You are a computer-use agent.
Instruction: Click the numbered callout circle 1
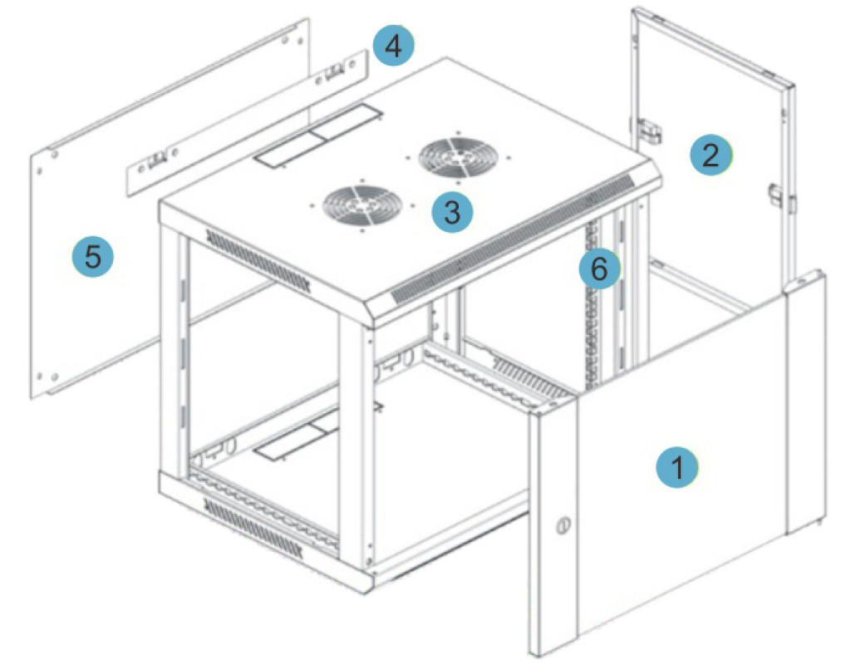pyautogui.click(x=676, y=466)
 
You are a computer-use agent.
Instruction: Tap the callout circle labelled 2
pyautogui.click(x=711, y=154)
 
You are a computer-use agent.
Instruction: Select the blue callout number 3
pyautogui.click(x=452, y=211)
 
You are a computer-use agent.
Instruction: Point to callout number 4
pyautogui.click(x=393, y=46)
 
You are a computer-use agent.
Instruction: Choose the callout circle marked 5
pyautogui.click(x=93, y=255)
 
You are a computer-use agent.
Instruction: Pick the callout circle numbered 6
pyautogui.click(x=599, y=268)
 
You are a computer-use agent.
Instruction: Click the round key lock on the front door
pyautogui.click(x=562, y=525)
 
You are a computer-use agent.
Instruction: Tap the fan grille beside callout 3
pyautogui.click(x=361, y=204)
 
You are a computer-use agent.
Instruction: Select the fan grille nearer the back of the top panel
pyautogui.click(x=458, y=157)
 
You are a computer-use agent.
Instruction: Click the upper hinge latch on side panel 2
pyautogui.click(x=648, y=131)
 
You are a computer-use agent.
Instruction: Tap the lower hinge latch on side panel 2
pyautogui.click(x=776, y=194)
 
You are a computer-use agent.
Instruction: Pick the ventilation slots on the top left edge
pyautogui.click(x=258, y=260)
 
